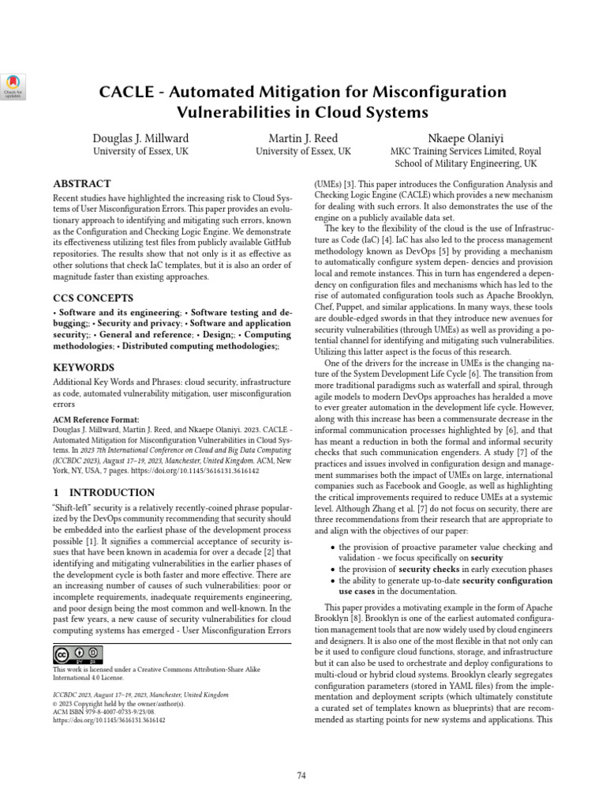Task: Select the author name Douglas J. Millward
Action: tap(140, 137)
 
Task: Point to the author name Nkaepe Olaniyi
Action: tap(465, 137)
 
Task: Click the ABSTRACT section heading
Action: tap(81, 183)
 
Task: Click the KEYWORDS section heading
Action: tap(84, 367)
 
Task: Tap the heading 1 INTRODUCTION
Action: tap(103, 492)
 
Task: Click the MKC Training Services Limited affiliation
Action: tap(465, 151)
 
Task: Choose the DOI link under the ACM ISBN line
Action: tap(109, 721)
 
